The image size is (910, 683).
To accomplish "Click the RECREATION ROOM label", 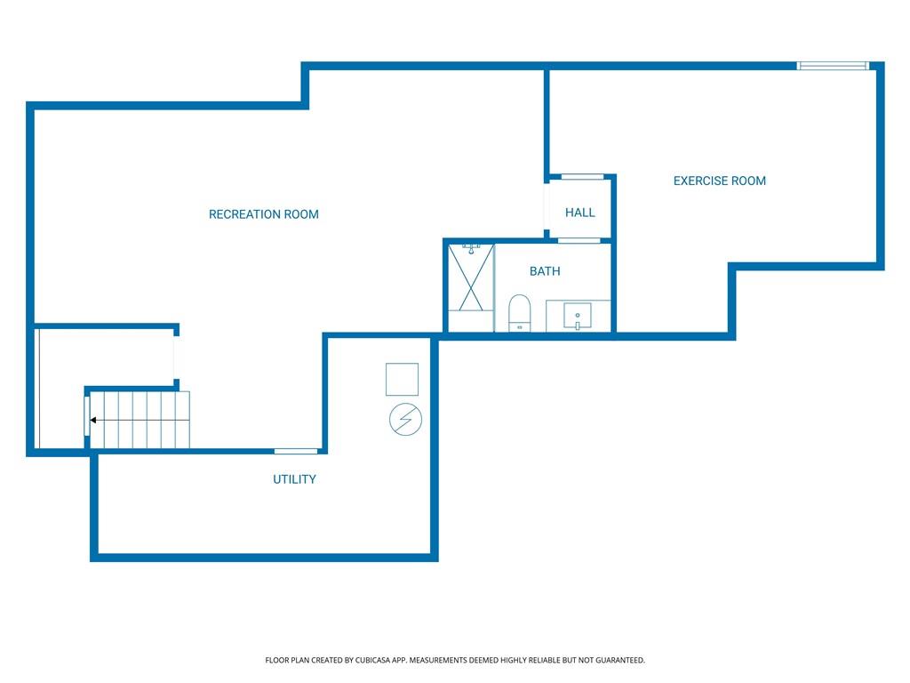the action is (263, 214).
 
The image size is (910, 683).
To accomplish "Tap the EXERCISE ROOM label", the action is (720, 181).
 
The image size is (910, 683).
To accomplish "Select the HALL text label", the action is (579, 213).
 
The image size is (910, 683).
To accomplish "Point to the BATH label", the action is (545, 271).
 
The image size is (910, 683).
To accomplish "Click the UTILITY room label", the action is (294, 479).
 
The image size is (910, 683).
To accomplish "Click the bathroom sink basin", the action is (578, 316).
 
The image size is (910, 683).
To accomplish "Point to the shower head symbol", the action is (471, 249).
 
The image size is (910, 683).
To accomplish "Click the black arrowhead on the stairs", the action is (92, 420).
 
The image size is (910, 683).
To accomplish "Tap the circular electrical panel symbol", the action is (405, 420).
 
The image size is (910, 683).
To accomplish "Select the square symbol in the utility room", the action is (403, 379).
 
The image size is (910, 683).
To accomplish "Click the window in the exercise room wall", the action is (833, 66).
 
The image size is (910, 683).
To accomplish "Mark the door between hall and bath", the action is (579, 240).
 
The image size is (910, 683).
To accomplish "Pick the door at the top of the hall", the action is (583, 177).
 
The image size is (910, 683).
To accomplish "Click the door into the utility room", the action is (296, 451).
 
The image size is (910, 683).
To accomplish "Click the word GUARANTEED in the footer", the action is (620, 660).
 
